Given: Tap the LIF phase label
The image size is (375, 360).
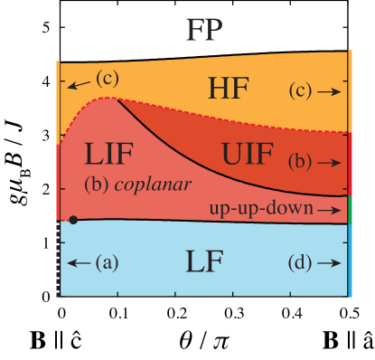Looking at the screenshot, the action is click(108, 153).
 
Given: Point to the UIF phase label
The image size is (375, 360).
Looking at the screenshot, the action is click(247, 153).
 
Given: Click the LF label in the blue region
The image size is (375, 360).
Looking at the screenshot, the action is click(205, 262).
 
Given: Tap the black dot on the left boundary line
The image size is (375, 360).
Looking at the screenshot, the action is click(73, 220).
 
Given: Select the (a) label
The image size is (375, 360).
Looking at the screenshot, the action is click(107, 263).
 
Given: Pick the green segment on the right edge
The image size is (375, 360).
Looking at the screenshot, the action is click(349, 208).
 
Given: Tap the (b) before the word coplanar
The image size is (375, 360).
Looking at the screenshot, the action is click(97, 184).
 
